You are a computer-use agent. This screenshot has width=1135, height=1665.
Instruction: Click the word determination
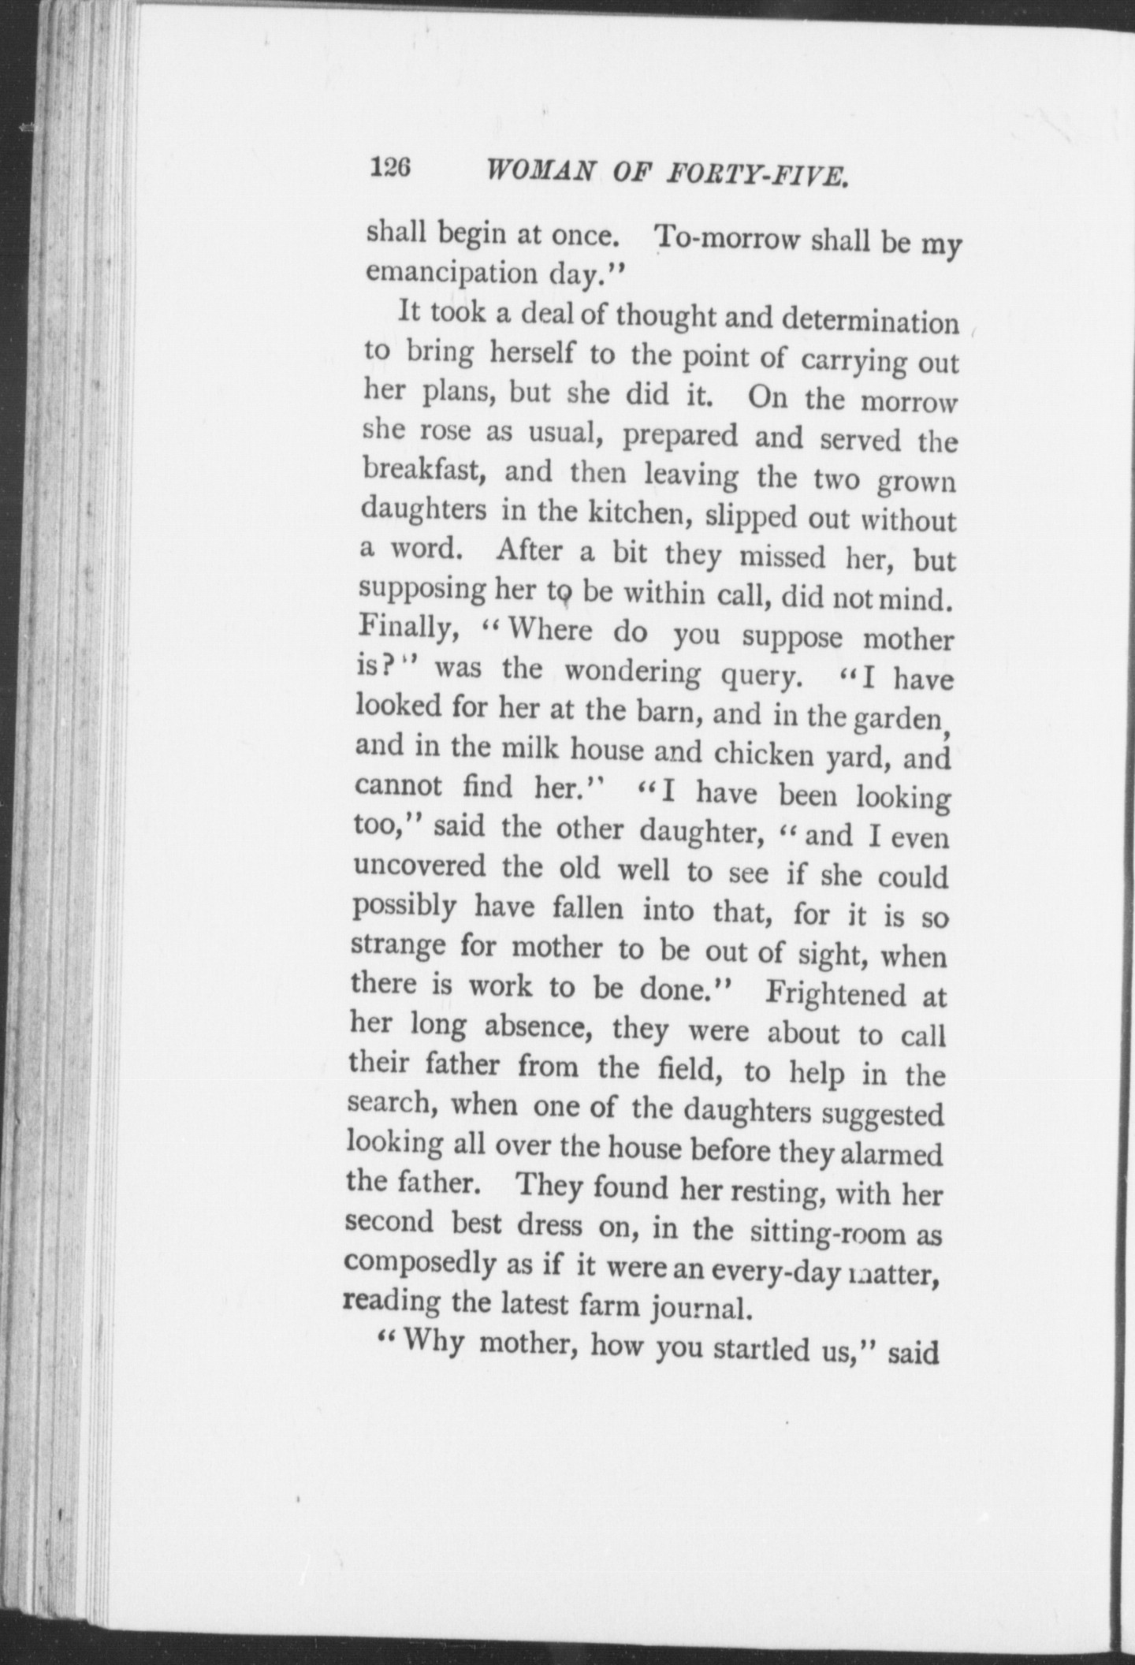point(869,322)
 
